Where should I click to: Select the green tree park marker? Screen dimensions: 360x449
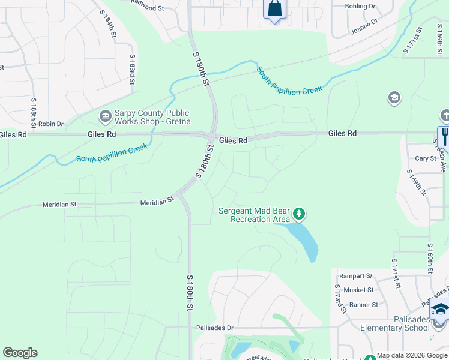coord(299,214)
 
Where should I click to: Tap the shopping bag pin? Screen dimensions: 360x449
coord(274,9)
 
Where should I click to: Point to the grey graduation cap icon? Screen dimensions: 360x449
coord(394,98)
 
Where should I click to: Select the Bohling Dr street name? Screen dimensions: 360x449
coord(360,6)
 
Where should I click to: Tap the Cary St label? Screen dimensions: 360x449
coord(426,158)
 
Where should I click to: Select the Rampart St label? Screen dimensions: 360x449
coord(355,276)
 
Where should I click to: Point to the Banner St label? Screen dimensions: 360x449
coord(363,305)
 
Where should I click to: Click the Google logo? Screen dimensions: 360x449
coord(20,353)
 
